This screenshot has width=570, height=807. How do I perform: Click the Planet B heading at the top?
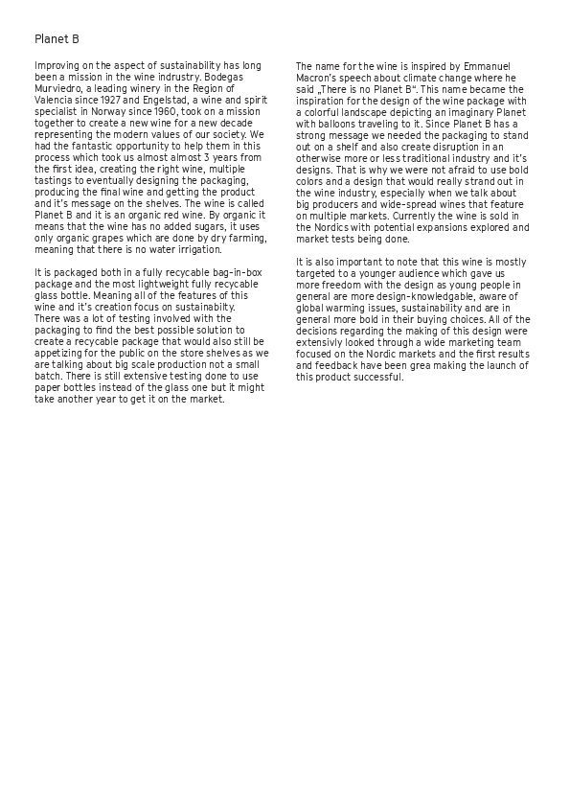click(x=57, y=40)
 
